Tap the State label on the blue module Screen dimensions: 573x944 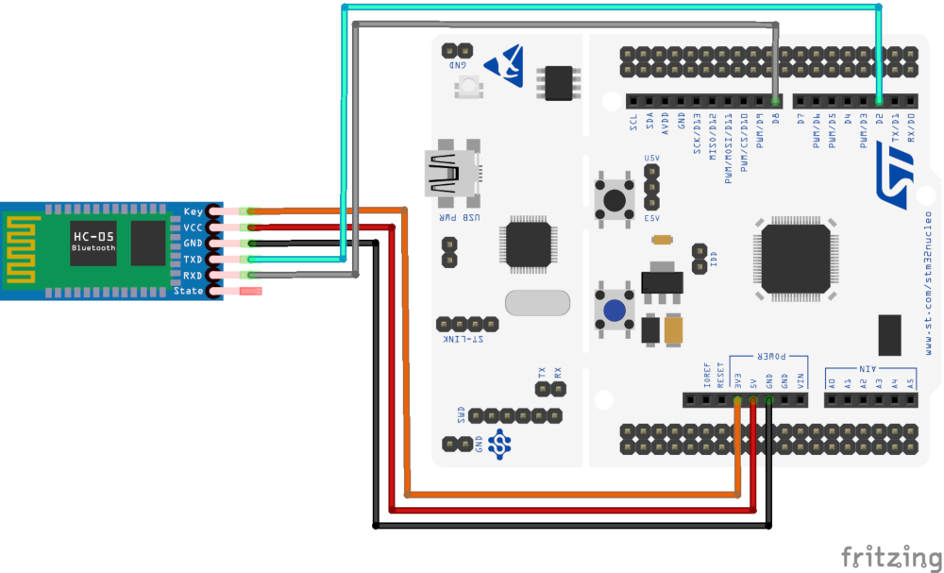click(190, 292)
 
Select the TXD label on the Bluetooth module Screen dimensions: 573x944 click(192, 259)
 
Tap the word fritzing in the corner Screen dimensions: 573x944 click(889, 556)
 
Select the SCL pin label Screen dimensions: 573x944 click(633, 122)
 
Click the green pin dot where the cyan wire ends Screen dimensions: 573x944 click(879, 100)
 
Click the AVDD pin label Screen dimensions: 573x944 click(666, 124)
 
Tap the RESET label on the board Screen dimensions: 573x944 click(721, 375)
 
